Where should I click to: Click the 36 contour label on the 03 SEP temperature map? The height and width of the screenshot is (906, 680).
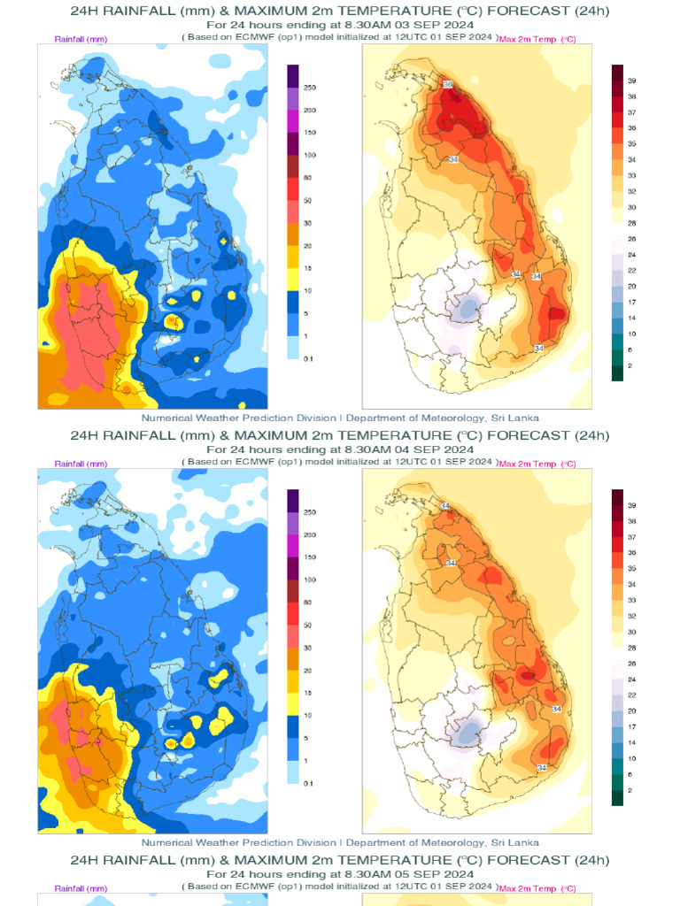pyautogui.click(x=448, y=84)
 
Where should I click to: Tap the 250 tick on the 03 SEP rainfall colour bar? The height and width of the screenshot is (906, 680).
pyautogui.click(x=310, y=88)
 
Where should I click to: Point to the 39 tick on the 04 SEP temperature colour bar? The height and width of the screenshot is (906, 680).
pyautogui.click(x=632, y=505)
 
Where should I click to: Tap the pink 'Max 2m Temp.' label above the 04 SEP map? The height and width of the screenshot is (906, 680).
pyautogui.click(x=537, y=465)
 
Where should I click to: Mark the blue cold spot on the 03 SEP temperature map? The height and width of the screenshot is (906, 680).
pyautogui.click(x=467, y=309)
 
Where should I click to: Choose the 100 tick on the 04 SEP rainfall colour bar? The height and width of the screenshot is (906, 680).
pyautogui.click(x=310, y=580)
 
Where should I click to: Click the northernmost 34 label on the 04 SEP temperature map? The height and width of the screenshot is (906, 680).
pyautogui.click(x=445, y=506)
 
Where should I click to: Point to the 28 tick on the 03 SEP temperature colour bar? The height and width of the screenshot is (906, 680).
pyautogui.click(x=632, y=223)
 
